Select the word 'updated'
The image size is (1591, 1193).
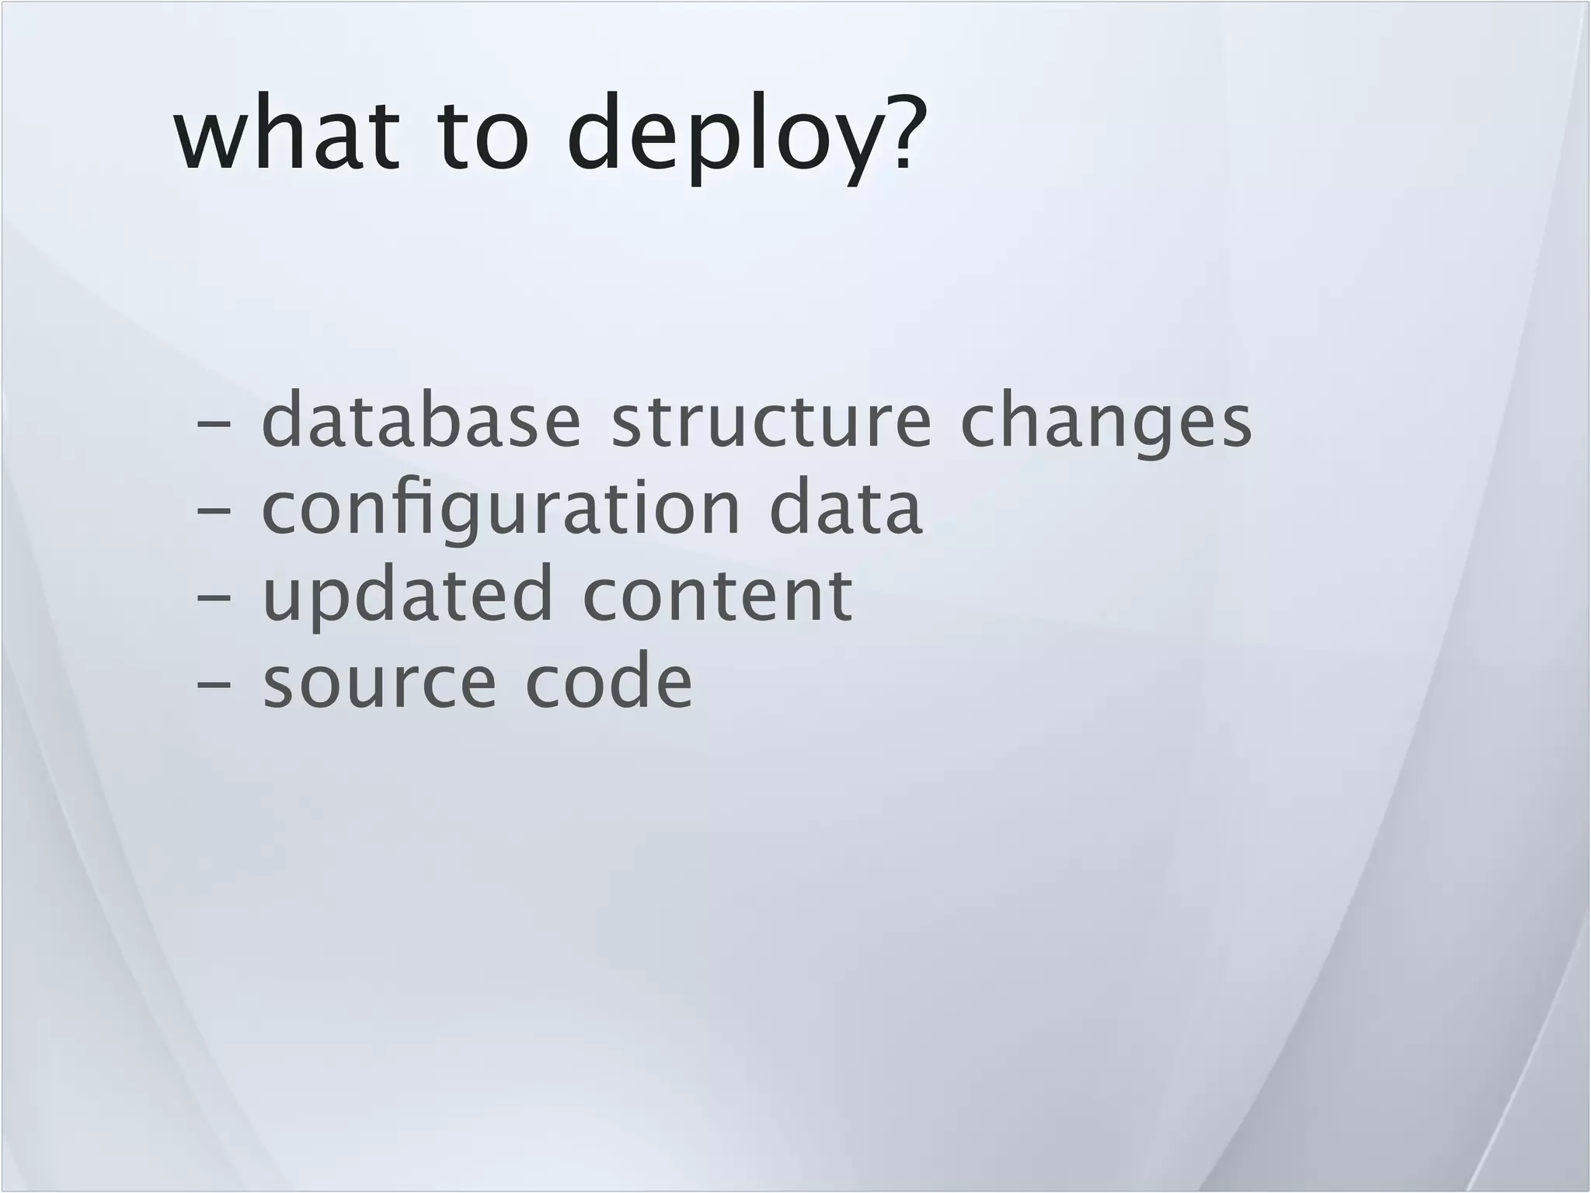407,596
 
